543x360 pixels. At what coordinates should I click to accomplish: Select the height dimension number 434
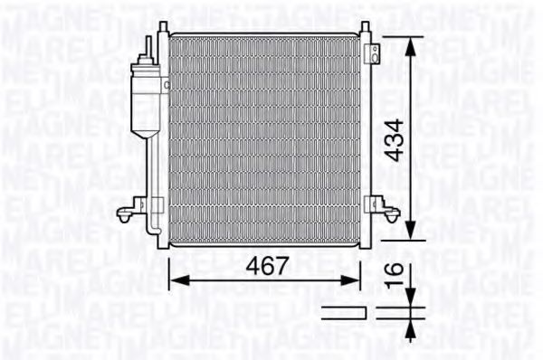[x=391, y=141]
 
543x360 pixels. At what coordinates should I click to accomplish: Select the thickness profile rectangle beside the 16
[x=345, y=313]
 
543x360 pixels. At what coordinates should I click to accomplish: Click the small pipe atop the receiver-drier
[x=147, y=45]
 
